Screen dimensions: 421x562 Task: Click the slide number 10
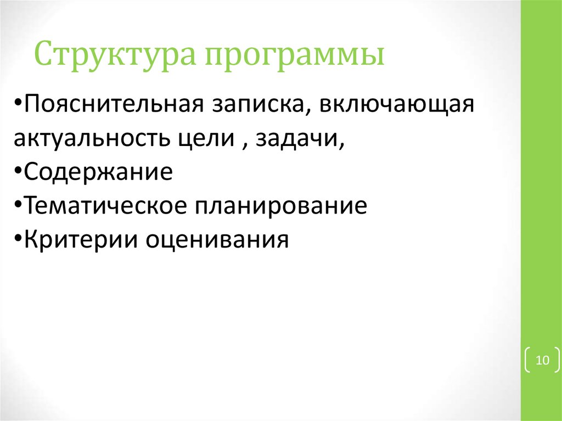(542, 360)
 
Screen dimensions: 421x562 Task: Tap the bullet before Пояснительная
(19, 104)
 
